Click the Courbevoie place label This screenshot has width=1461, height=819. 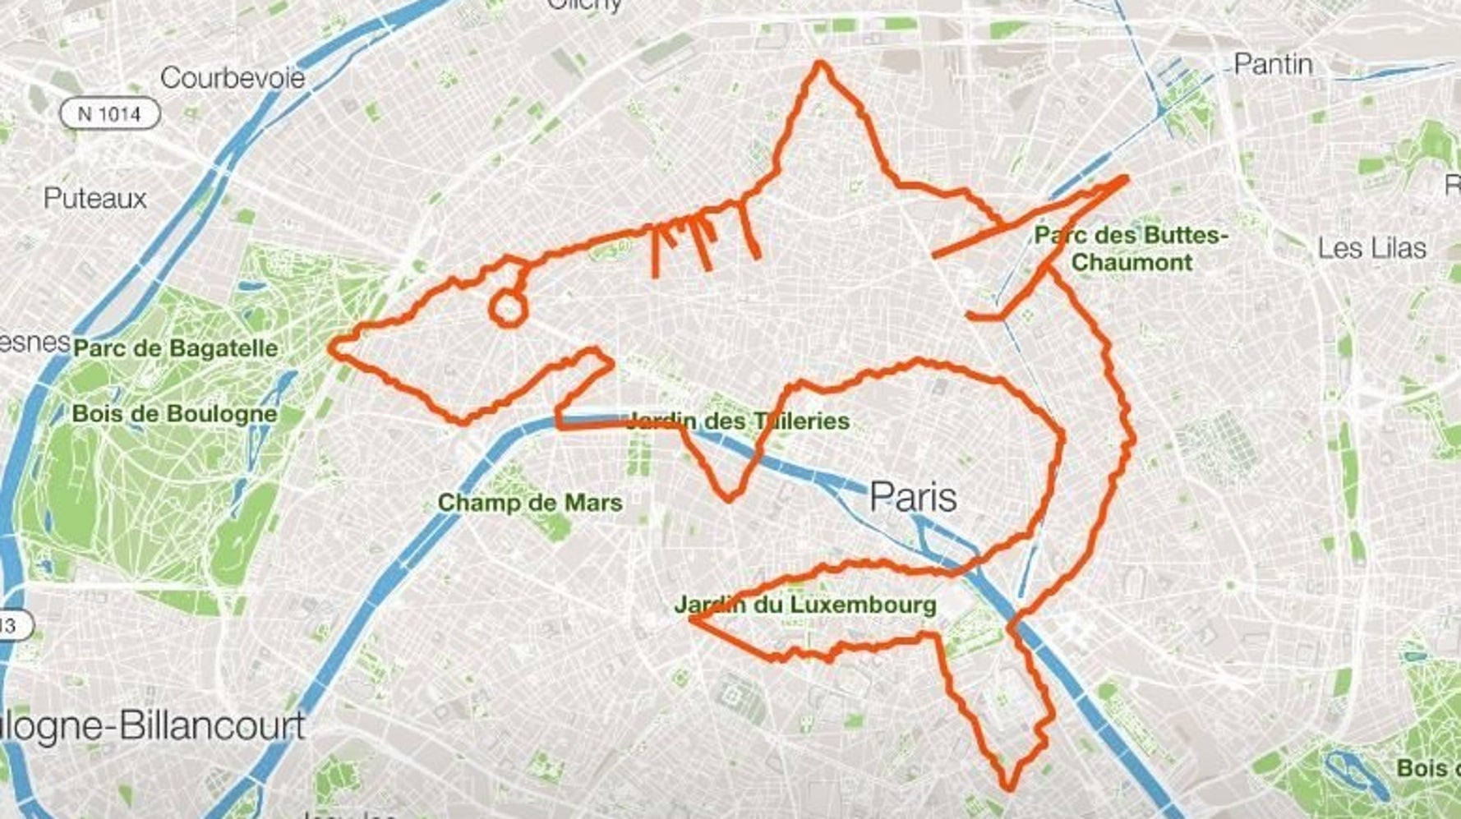233,78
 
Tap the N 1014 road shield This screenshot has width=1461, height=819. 109,113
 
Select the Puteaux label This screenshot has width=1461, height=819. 95,198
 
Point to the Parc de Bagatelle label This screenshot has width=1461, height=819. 176,347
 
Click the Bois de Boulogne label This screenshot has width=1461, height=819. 174,412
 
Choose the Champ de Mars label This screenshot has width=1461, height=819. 530,502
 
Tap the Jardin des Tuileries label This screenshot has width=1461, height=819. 737,421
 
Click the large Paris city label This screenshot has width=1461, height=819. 913,497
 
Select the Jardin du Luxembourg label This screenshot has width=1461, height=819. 805,605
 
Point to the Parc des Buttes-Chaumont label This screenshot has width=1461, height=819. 1131,249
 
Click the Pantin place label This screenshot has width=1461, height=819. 1274,64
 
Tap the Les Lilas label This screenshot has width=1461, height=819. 1371,248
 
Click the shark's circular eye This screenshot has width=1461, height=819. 507,309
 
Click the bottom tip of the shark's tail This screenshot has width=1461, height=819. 1009,789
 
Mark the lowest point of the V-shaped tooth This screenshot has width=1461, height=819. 728,498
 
